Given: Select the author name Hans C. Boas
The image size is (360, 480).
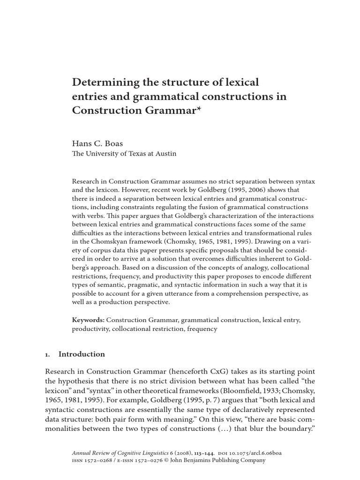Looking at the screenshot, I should pyautogui.click(x=97, y=143).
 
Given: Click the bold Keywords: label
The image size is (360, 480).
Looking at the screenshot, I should pyautogui.click(x=88, y=320).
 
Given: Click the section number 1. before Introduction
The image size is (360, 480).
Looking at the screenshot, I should pyautogui.click(x=48, y=354).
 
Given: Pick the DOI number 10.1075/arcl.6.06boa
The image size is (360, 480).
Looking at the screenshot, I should pyautogui.click(x=249, y=453).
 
